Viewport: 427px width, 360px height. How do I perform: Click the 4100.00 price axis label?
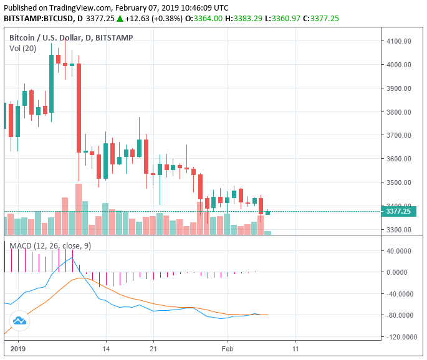tap(399, 41)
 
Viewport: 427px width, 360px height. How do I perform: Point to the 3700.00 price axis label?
tap(399, 135)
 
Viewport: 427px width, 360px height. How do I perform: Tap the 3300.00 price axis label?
tap(399, 229)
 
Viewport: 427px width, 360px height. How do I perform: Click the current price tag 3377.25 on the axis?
tap(399, 212)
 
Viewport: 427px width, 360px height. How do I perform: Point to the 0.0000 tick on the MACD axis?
tap(401, 272)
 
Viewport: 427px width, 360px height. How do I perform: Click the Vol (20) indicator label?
tap(22, 49)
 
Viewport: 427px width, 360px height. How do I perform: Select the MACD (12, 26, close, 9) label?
tap(50, 246)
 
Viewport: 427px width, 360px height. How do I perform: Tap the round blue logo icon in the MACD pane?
tap(19, 321)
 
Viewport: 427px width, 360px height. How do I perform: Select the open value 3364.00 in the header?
tap(207, 19)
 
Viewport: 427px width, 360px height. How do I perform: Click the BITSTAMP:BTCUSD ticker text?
tap(39, 19)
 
